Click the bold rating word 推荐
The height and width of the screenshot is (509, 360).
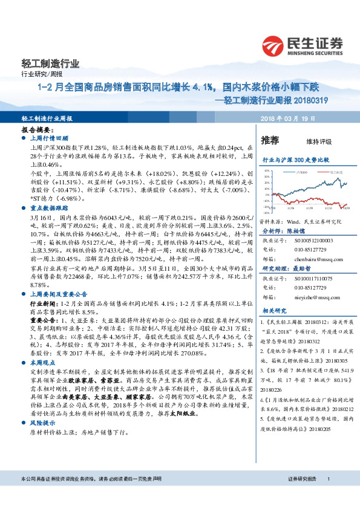click(x=269, y=141)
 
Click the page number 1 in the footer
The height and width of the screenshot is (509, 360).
click(x=328, y=496)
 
